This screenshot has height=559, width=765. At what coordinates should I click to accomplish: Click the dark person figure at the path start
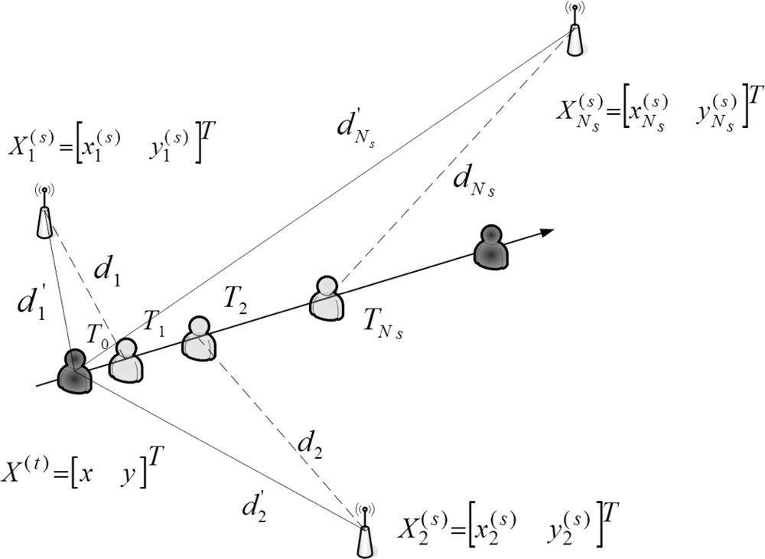(x=74, y=371)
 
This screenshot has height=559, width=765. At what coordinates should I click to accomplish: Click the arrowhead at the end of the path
(x=545, y=230)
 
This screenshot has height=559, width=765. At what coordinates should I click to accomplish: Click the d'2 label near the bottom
(x=252, y=507)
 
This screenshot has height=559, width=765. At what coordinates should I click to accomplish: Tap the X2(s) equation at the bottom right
(x=505, y=530)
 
